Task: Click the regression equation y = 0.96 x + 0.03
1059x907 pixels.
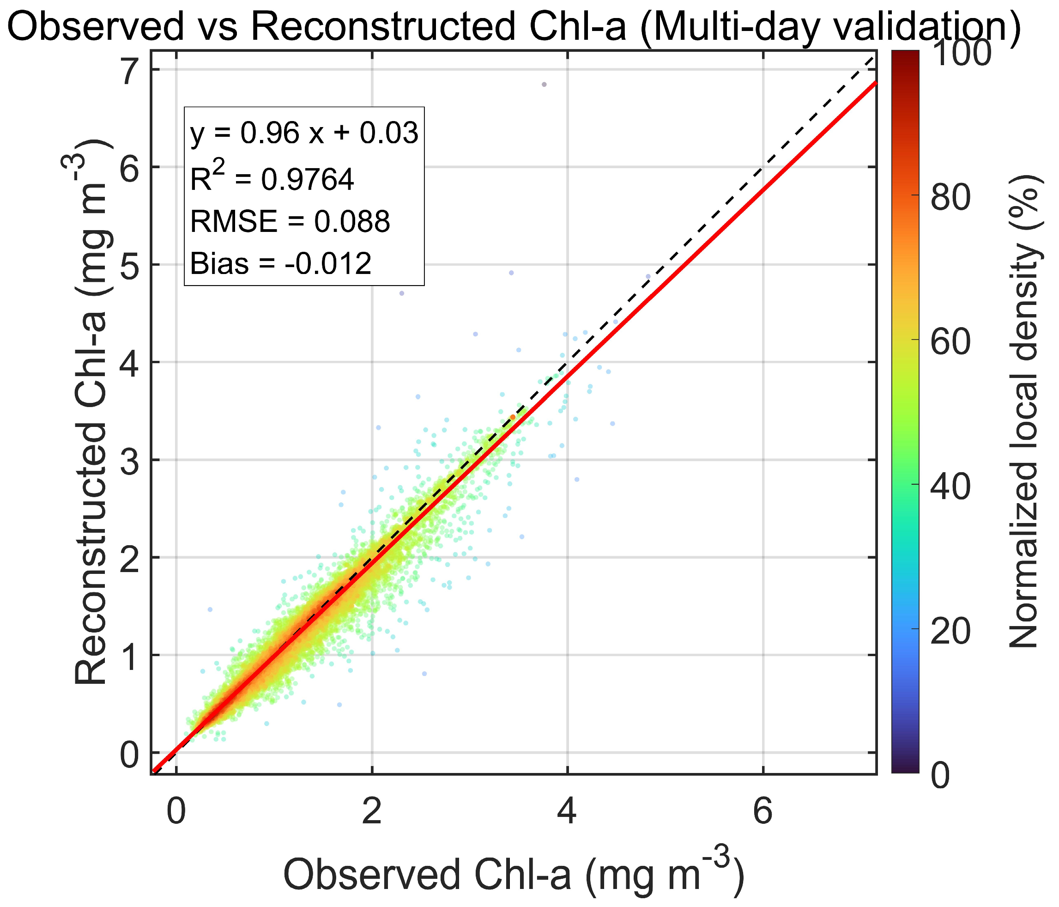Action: pyautogui.click(x=304, y=134)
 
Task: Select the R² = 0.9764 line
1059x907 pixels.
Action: pyautogui.click(x=272, y=179)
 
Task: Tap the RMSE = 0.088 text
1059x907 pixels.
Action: pyautogui.click(x=290, y=221)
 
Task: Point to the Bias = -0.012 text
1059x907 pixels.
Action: pyautogui.click(x=281, y=264)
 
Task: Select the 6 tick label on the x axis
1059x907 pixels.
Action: pyautogui.click(x=762, y=812)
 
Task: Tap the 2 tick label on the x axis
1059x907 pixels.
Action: pyautogui.click(x=372, y=812)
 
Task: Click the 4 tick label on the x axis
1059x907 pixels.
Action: pyautogui.click(x=567, y=812)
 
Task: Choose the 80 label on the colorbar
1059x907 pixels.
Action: pyautogui.click(x=950, y=197)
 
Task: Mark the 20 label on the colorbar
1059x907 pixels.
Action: pyautogui.click(x=950, y=632)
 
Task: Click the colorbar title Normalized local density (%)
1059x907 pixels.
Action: pyautogui.click(x=1024, y=412)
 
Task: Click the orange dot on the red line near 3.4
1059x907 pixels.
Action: pyautogui.click(x=513, y=417)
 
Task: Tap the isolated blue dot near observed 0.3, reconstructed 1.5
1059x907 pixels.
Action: pyautogui.click(x=210, y=609)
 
